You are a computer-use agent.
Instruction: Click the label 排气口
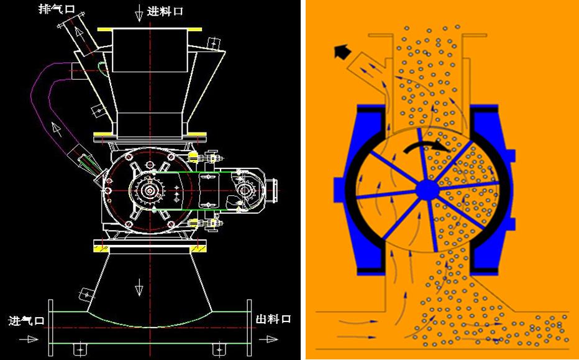(x=57, y=9)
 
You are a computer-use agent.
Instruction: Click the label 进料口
(x=165, y=11)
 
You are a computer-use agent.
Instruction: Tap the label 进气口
(x=27, y=320)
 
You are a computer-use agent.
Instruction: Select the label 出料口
(x=273, y=319)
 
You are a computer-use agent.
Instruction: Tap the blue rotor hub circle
(x=427, y=190)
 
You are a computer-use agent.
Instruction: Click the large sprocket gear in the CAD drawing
(x=150, y=191)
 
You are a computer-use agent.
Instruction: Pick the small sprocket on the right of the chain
(x=244, y=190)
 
